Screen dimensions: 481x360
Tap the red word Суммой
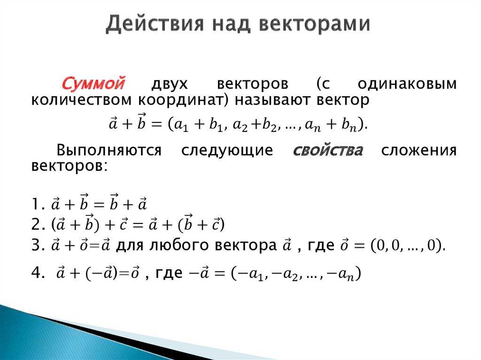pos(93,83)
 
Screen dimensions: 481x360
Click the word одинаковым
pos(407,84)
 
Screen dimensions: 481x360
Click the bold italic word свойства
pos(328,150)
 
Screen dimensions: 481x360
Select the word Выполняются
pos(109,150)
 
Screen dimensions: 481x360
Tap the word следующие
pos(227,151)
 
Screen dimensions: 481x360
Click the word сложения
pos(419,150)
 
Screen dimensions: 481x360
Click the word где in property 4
pos(169,273)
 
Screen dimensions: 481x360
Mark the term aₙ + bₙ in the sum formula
pos(331,125)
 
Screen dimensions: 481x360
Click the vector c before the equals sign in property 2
pos(124,224)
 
